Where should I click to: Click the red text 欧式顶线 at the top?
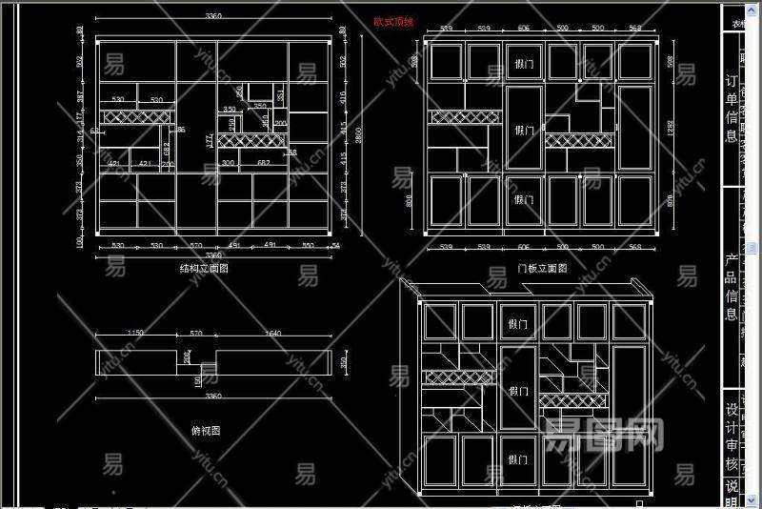pos(393,20)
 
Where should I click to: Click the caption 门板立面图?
pos(541,270)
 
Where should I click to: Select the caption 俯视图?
pos(206,431)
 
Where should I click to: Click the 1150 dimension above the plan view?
pos(135,333)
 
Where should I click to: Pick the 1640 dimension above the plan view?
pos(273,333)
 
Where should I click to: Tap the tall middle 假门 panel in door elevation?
pos(523,130)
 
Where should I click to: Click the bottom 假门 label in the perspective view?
pos(518,459)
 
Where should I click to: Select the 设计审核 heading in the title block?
pos(732,439)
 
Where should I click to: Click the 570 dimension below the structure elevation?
pos(196,246)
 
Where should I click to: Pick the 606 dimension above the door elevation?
pos(523,29)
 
